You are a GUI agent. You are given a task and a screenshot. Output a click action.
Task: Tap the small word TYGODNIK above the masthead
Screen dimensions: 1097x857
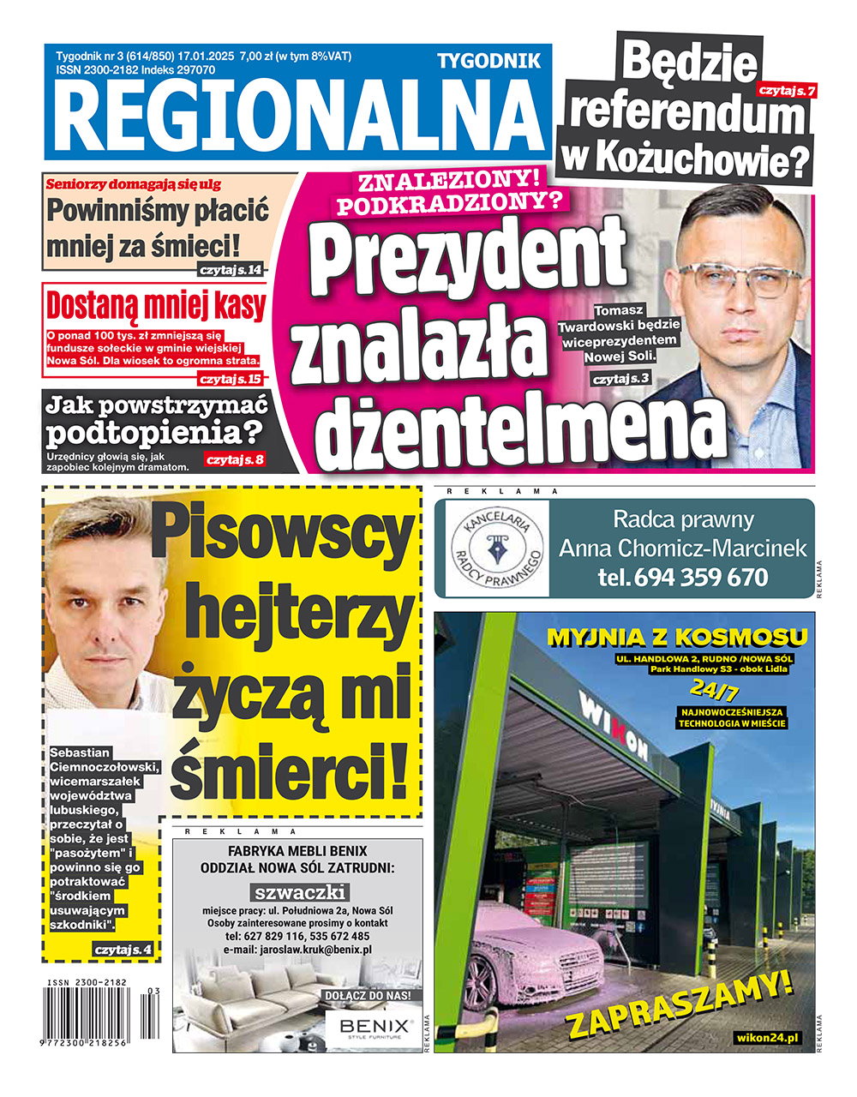489,61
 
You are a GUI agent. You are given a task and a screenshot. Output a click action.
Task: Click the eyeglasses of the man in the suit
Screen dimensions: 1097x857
740,279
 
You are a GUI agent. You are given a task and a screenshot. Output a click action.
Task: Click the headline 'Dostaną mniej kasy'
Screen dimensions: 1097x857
155,305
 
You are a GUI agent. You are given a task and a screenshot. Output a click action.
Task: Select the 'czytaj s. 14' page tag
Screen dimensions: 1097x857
230,271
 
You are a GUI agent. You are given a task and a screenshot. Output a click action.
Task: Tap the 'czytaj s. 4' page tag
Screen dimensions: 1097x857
123,950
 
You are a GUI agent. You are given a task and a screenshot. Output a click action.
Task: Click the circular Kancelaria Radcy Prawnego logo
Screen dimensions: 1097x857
497,547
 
